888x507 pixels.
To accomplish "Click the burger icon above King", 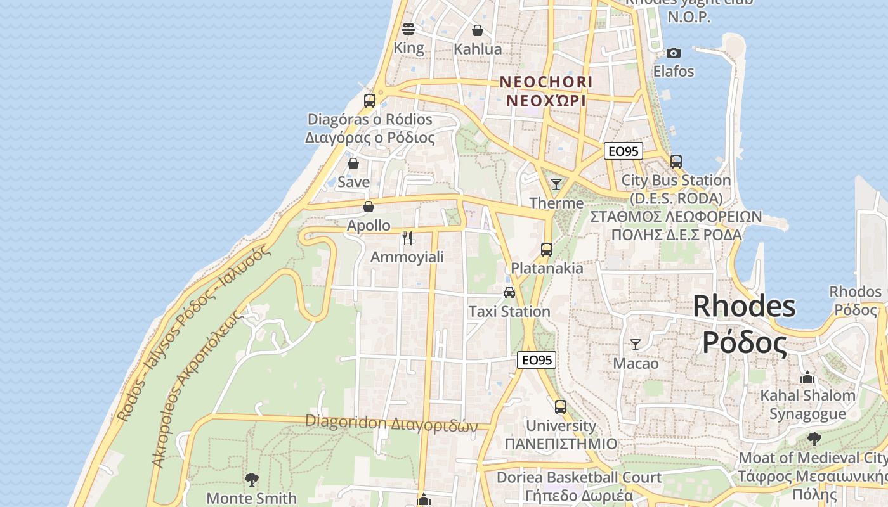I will pyautogui.click(x=408, y=29).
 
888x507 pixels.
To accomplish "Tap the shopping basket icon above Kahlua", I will pyautogui.click(x=478, y=30).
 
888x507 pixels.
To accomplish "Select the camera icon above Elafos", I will pyautogui.click(x=674, y=53).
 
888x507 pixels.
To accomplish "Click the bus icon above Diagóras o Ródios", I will pyautogui.click(x=370, y=101).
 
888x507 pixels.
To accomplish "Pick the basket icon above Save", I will pyautogui.click(x=353, y=164).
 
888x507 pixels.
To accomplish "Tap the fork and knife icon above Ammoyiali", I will pyautogui.click(x=407, y=238).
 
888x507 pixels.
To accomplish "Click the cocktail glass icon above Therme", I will pyautogui.click(x=556, y=184).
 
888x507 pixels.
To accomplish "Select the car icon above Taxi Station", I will pyautogui.click(x=509, y=293).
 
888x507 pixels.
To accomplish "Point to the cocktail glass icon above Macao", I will pyautogui.click(x=636, y=345).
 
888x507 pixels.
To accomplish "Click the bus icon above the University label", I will pyautogui.click(x=561, y=407).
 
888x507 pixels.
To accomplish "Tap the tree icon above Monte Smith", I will pyautogui.click(x=252, y=479).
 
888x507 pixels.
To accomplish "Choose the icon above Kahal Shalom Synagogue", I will pyautogui.click(x=807, y=377).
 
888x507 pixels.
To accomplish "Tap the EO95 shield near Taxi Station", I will pyautogui.click(x=537, y=360).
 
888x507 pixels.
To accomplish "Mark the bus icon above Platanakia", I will pyautogui.click(x=547, y=250).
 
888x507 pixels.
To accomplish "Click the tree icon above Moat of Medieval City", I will pyautogui.click(x=814, y=439).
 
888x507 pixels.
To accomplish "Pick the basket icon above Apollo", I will pyautogui.click(x=369, y=207).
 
